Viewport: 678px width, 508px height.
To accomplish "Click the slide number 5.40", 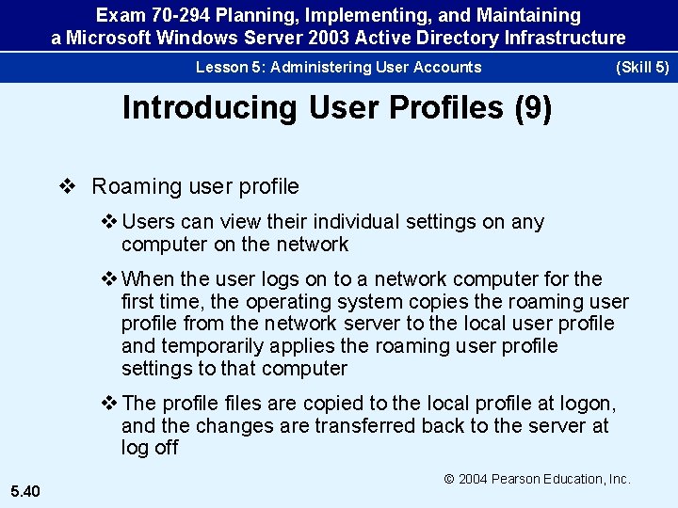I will point(24,489).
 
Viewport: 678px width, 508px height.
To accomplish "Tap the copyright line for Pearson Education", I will point(537,479).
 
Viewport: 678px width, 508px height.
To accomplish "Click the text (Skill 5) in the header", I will point(641,67).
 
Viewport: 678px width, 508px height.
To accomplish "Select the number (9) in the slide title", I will point(533,108).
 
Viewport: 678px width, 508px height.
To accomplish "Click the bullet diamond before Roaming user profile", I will point(68,186).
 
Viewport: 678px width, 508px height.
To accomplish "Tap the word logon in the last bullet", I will point(587,404).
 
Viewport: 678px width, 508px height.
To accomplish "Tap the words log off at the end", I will point(150,448).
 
